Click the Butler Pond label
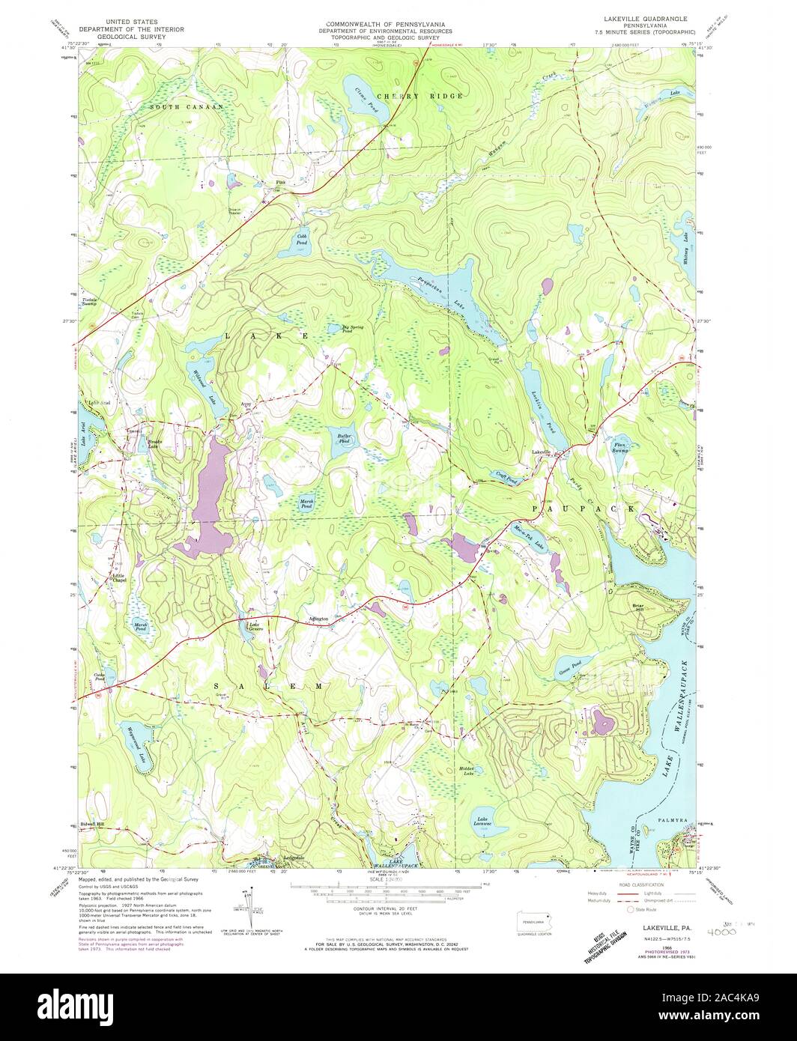point(344,439)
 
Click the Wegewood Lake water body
point(130,740)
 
